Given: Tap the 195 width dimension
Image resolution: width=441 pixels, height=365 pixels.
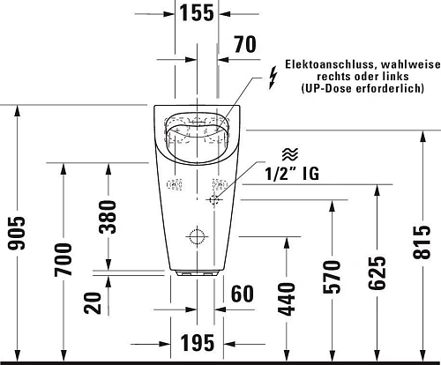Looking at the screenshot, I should [197, 341].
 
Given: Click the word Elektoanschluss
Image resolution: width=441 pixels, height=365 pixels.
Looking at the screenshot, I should [324, 64].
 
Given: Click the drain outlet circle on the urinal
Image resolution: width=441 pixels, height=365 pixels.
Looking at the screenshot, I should [196, 237].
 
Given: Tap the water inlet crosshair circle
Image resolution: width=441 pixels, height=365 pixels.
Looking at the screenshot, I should [213, 201].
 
